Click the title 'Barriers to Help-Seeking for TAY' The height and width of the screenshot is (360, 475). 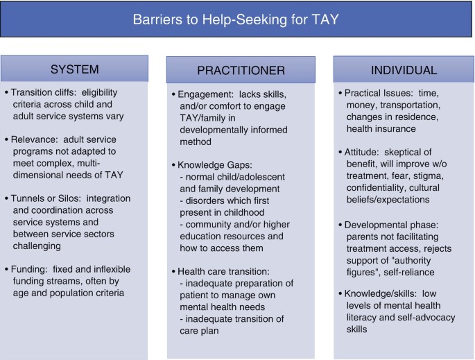tap(236, 19)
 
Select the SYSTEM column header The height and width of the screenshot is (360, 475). tap(74, 69)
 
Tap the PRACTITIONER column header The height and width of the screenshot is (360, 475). tap(241, 70)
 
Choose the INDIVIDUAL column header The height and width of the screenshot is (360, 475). tap(404, 70)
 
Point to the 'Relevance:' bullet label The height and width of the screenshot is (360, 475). tap(34, 139)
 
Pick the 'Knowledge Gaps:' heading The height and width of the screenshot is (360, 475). tap(215, 165)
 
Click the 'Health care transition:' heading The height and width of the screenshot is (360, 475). tap(223, 271)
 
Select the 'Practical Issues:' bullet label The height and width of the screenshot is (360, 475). tap(379, 93)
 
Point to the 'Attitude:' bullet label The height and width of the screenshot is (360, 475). tap(362, 152)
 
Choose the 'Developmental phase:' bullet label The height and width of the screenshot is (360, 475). tap(391, 225)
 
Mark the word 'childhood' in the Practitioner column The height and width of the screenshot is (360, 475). tap(245, 212)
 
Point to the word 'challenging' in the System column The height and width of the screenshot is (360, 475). tap(37, 246)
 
